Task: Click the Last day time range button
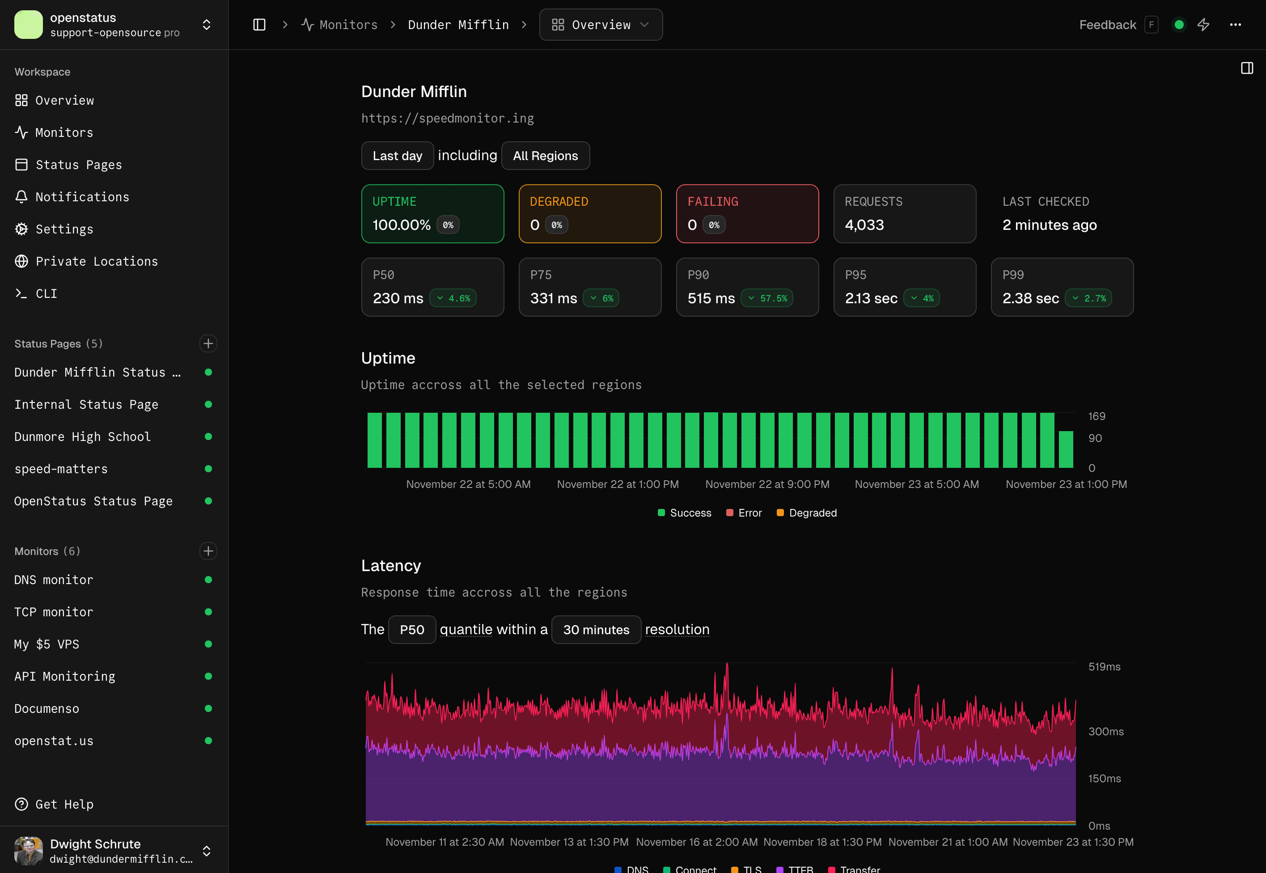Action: pyautogui.click(x=397, y=156)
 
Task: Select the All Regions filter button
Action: pyautogui.click(x=545, y=156)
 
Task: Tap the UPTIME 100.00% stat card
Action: pyautogui.click(x=432, y=214)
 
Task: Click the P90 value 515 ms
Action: pyautogui.click(x=711, y=298)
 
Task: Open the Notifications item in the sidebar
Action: pyautogui.click(x=82, y=197)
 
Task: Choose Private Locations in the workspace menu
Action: pyautogui.click(x=96, y=262)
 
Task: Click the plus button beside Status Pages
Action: pyautogui.click(x=208, y=343)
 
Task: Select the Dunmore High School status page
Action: pyautogui.click(x=82, y=436)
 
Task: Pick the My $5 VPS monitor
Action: pyautogui.click(x=47, y=644)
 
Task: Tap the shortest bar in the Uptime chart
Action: pyautogui.click(x=1065, y=449)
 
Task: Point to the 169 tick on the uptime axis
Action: pyautogui.click(x=1096, y=416)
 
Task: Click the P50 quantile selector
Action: pyautogui.click(x=411, y=630)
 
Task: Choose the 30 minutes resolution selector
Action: pyautogui.click(x=596, y=630)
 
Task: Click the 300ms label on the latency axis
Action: pyautogui.click(x=1105, y=731)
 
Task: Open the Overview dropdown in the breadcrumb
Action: pyautogui.click(x=601, y=25)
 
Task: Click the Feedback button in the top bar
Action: pyautogui.click(x=1107, y=25)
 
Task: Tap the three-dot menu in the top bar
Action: pyautogui.click(x=1235, y=25)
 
